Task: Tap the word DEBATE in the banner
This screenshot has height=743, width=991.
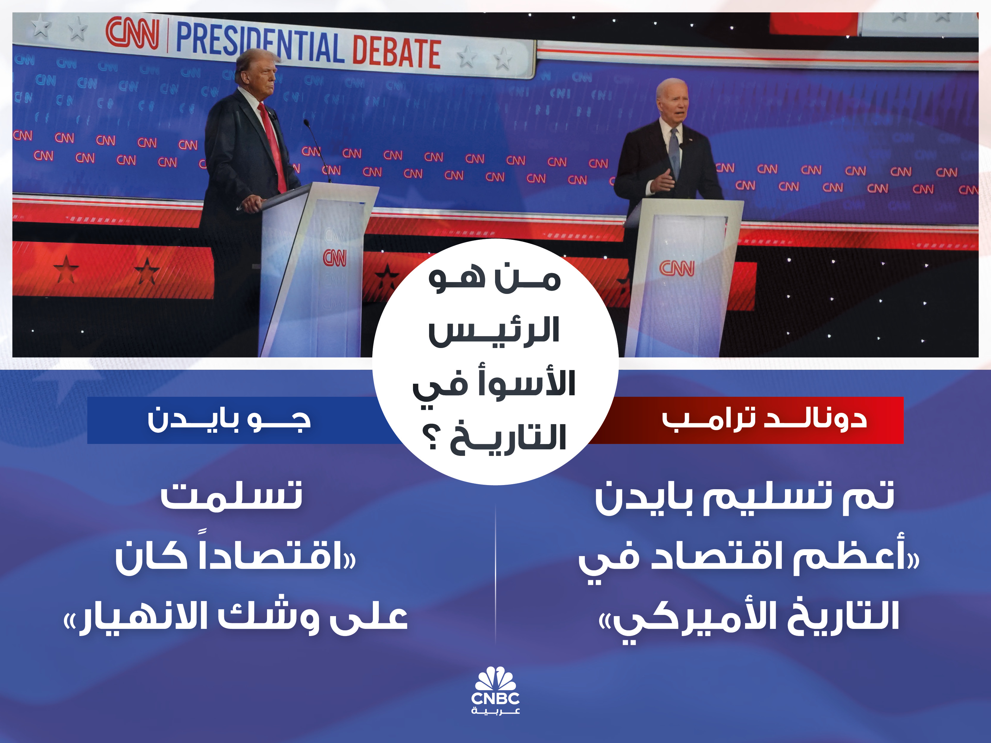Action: point(397,52)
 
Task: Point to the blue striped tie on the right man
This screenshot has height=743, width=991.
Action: point(674,152)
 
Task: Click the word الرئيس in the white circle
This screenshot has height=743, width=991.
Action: point(494,331)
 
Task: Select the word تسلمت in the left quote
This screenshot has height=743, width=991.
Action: point(232,495)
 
